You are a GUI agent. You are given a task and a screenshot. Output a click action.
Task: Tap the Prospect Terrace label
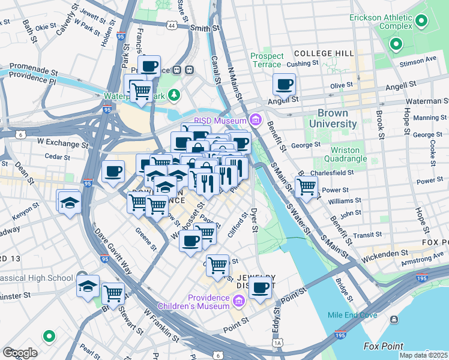point(267,60)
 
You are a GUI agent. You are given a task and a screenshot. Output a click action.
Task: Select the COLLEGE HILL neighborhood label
point(324,53)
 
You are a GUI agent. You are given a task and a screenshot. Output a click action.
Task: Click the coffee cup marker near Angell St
point(284,85)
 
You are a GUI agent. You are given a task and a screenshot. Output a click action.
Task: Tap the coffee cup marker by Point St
point(260,288)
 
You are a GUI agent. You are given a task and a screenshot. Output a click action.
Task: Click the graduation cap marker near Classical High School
point(88,286)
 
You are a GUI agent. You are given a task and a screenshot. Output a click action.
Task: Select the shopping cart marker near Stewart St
point(113,293)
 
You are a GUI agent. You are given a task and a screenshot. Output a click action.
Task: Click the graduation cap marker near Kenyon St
point(70,202)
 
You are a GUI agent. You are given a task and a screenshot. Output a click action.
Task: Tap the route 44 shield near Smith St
point(172,26)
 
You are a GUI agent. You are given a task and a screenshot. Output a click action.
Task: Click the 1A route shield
point(277,343)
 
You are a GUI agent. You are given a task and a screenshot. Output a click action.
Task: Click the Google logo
point(19,352)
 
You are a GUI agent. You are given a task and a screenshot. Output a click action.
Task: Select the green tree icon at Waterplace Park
point(173,95)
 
